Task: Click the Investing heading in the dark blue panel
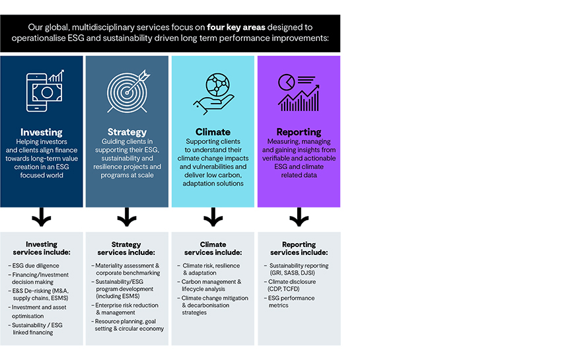pyautogui.click(x=42, y=132)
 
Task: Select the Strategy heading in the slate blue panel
pyautogui.click(x=127, y=132)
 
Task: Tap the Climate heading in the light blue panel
pyautogui.click(x=213, y=132)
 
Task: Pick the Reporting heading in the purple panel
pyautogui.click(x=299, y=132)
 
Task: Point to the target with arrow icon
pyautogui.click(x=127, y=91)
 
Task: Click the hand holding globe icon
pyautogui.click(x=213, y=92)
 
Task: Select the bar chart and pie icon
pyautogui.click(x=299, y=92)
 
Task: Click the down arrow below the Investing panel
pyautogui.click(x=42, y=217)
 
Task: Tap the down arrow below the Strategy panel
pyautogui.click(x=127, y=217)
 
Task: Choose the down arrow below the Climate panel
pyautogui.click(x=213, y=217)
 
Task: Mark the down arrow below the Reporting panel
pyautogui.click(x=299, y=217)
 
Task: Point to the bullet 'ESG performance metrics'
pyautogui.click(x=292, y=302)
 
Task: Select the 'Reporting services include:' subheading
pyautogui.click(x=299, y=248)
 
